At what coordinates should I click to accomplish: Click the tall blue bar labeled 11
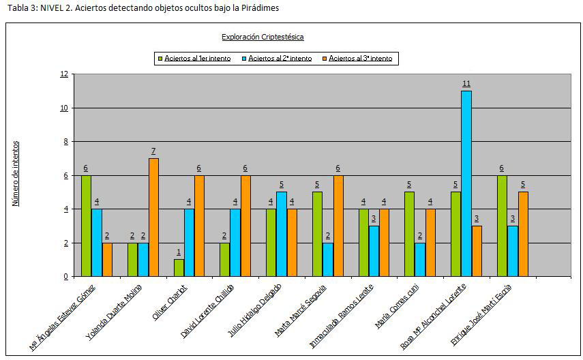point(466,183)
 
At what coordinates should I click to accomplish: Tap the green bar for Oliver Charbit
point(179,267)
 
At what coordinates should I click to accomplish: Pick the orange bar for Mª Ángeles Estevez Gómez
point(107,259)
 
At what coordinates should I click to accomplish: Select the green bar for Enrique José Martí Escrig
point(503,226)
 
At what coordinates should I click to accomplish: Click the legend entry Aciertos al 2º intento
point(280,59)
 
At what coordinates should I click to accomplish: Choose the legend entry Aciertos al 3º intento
point(360,59)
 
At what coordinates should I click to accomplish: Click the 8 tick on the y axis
point(66,142)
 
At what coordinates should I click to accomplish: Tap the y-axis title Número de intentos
point(16,173)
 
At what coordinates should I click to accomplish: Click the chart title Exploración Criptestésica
point(263,37)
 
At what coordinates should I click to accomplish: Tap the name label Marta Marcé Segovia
point(300,310)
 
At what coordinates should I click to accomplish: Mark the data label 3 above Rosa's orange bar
point(477,218)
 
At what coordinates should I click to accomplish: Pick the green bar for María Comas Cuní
point(410,234)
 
